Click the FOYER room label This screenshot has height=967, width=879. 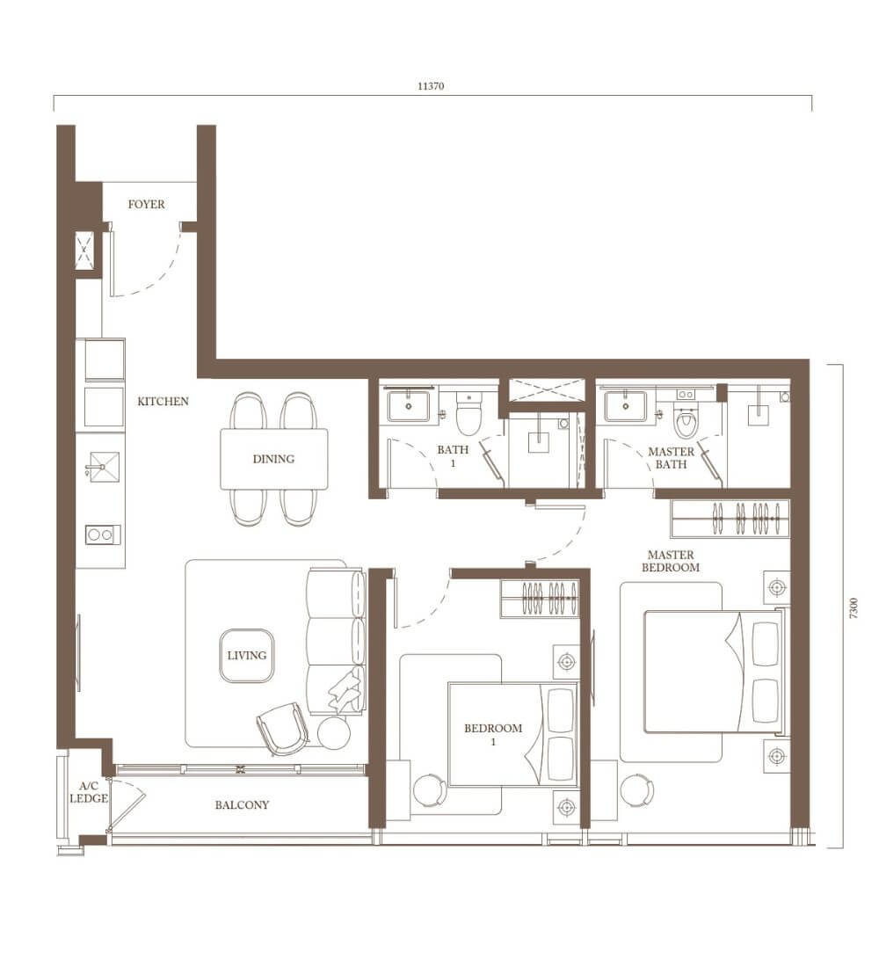point(146,204)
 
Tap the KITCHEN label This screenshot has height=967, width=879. point(163,402)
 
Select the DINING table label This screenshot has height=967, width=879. point(273,459)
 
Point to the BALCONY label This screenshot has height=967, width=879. point(242,804)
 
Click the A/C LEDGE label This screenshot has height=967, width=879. point(89,792)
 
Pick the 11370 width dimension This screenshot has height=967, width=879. point(431,86)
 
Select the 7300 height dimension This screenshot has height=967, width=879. point(854,608)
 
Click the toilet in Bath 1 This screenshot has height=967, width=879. point(469,412)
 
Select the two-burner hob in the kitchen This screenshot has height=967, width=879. point(102,534)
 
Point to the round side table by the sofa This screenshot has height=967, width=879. point(334,734)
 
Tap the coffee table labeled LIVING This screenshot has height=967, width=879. point(247,656)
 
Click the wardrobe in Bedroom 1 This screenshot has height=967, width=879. point(540,598)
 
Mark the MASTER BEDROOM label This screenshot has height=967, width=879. point(671,561)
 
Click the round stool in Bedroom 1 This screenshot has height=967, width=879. point(430,790)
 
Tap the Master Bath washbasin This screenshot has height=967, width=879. point(626,406)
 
